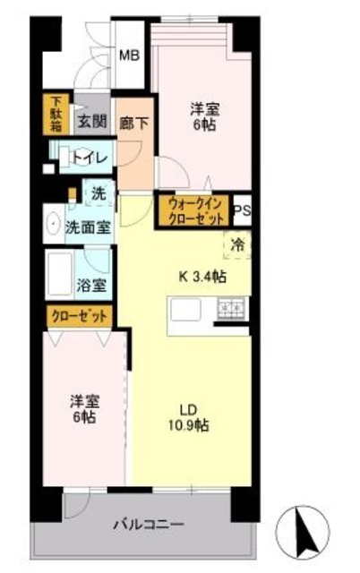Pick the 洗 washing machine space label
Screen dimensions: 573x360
pyautogui.click(x=97, y=192)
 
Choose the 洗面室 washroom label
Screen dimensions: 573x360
pyautogui.click(x=88, y=227)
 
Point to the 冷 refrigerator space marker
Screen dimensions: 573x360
pyautogui.click(x=238, y=243)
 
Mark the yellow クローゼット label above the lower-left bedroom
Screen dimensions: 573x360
pyautogui.click(x=81, y=316)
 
